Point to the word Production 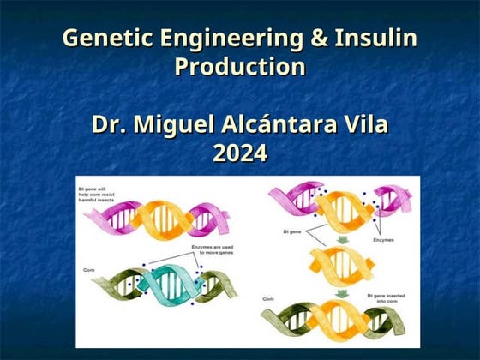pyautogui.click(x=240, y=67)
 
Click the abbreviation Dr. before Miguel pyautogui.click(x=111, y=124)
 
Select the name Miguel pyautogui.click(x=176, y=124)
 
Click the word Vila pyautogui.click(x=364, y=124)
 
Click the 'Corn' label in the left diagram pyautogui.click(x=88, y=269)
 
